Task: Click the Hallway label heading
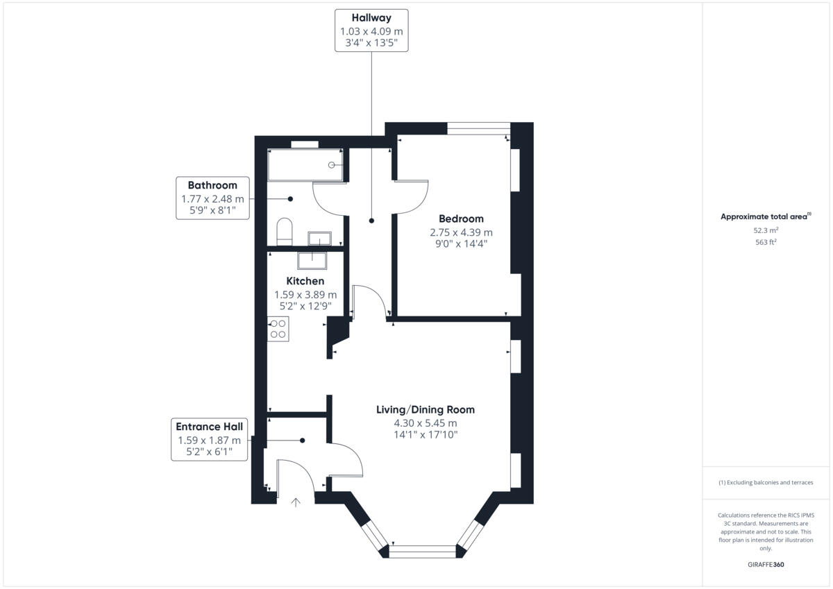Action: tap(371, 18)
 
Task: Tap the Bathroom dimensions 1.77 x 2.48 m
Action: tap(212, 199)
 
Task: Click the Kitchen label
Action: tap(305, 281)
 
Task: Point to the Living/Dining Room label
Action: tap(426, 409)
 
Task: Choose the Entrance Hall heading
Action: tap(209, 427)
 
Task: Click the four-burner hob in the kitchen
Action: tap(278, 328)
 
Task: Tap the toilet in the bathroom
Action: tap(284, 232)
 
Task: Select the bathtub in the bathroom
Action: tap(305, 165)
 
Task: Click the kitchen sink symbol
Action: tap(312, 260)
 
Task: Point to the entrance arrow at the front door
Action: tap(296, 502)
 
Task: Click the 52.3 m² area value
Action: tap(766, 230)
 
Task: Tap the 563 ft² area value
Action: tap(766, 242)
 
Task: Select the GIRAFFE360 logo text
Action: tap(766, 565)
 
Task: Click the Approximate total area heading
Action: tap(764, 216)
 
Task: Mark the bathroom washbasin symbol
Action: tap(320, 239)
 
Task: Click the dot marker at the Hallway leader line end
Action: tap(371, 221)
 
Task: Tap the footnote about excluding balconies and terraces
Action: tap(766, 482)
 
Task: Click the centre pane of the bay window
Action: tap(422, 552)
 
